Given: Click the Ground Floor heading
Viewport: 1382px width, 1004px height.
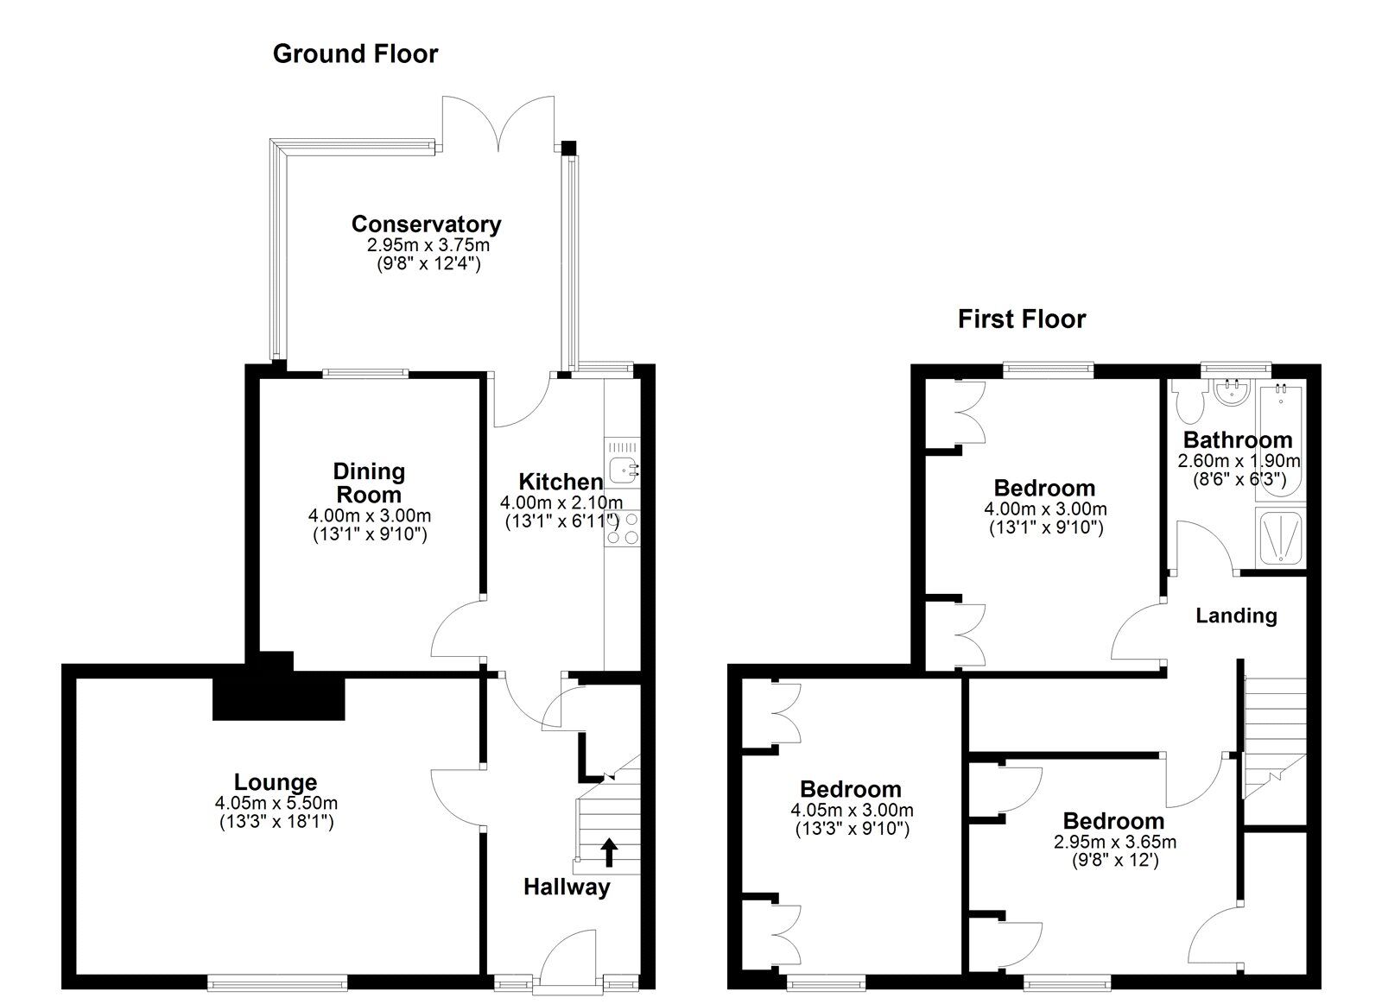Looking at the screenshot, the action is pos(355,54).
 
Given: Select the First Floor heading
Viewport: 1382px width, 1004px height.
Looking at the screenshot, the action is pos(1022,319).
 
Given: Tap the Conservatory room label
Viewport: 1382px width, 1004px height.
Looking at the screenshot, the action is pos(427,224).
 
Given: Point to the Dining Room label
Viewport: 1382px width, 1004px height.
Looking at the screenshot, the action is pos(369,483).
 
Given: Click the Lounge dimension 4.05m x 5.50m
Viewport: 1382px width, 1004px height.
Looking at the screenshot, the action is pos(276,803).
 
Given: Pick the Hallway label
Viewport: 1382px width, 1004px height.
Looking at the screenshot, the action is pos(567,887).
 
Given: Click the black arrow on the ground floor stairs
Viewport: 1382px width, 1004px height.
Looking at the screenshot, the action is pos(609,853).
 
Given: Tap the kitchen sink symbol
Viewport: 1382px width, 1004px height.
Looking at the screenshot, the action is pos(623,471).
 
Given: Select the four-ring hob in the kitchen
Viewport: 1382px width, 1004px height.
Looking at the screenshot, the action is pos(623,529).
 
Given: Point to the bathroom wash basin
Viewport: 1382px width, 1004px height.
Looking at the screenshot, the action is pos(1232,392).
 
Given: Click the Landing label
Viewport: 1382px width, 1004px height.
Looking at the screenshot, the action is pos(1236,616).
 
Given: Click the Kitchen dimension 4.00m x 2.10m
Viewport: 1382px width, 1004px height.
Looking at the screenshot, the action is pos(561,502).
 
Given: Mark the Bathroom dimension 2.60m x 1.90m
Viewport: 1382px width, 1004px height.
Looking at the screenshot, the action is pos(1239,461).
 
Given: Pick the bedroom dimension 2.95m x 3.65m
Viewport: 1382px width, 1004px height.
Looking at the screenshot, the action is pos(1114,842).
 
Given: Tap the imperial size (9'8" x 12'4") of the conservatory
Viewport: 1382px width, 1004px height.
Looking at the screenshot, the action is pos(428,264).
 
